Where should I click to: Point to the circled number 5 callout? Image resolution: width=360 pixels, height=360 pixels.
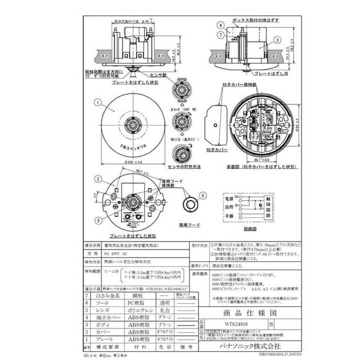(98, 219)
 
